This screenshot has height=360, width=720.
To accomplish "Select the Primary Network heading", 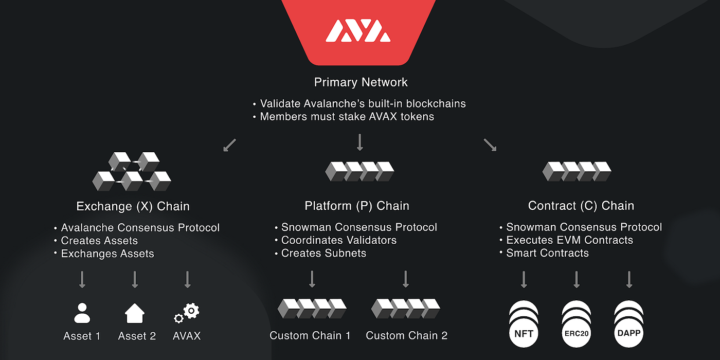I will click(361, 82).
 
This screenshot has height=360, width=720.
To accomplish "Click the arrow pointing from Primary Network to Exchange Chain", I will click(230, 146).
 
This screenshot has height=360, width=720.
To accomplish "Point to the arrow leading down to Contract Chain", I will click(490, 146).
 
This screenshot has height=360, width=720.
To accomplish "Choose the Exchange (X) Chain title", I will click(133, 207).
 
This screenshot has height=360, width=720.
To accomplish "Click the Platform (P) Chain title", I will click(357, 206).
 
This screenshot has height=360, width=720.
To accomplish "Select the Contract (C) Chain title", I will click(581, 206).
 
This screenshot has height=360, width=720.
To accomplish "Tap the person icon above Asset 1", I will click(82, 313).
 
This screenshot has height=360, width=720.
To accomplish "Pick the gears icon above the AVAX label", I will click(187, 313).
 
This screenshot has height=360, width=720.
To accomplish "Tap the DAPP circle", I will click(628, 333).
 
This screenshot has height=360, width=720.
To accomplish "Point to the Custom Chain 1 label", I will click(310, 336).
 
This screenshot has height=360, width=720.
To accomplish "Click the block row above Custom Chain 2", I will click(406, 308).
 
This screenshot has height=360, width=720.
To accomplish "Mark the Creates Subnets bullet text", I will click(323, 253).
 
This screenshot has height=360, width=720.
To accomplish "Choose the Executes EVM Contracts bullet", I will click(569, 240).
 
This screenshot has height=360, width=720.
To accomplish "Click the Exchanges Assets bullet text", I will click(107, 254).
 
